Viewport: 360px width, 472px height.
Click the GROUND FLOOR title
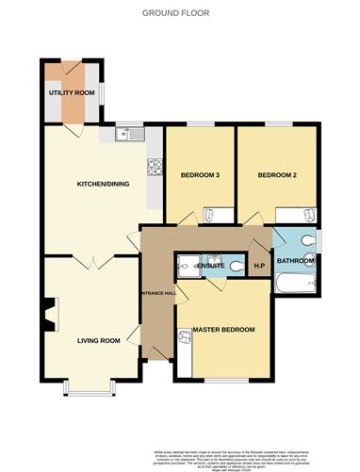pos(179,14)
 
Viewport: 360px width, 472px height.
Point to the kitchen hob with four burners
pos(154,167)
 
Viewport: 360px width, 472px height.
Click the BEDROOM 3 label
pos(200,174)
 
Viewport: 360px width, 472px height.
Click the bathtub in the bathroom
pos(294,282)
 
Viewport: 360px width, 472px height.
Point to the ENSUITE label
pos(211,267)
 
